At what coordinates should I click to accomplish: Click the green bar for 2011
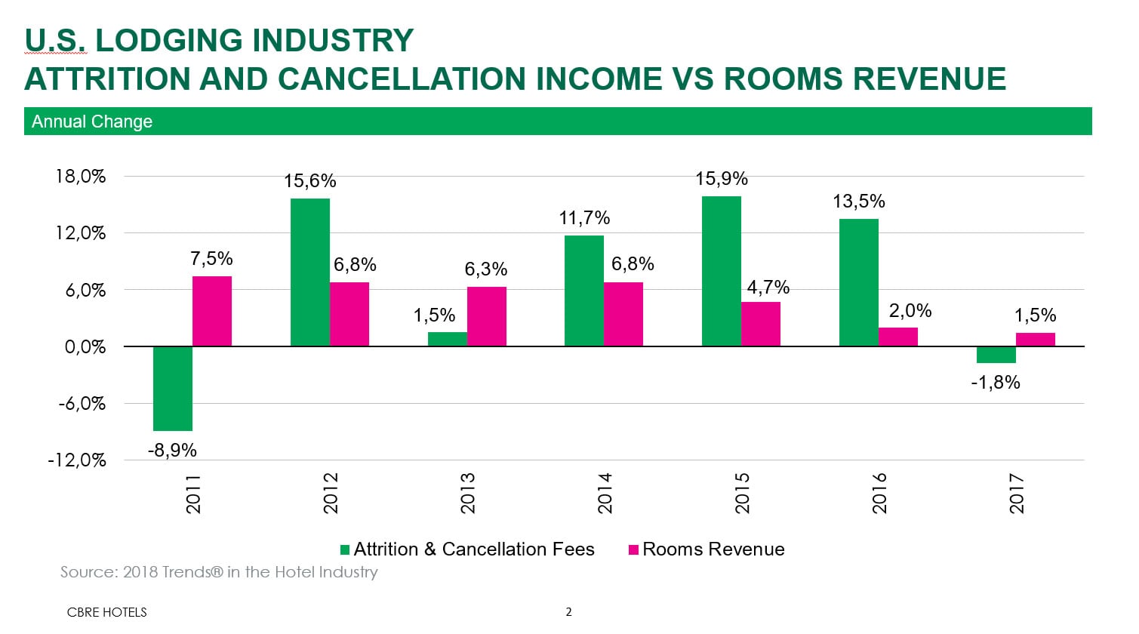click(x=172, y=388)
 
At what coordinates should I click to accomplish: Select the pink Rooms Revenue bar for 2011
click(x=212, y=311)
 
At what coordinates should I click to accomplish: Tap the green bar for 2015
click(x=721, y=271)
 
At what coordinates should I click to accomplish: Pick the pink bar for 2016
click(x=897, y=337)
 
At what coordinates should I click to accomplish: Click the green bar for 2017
click(x=996, y=355)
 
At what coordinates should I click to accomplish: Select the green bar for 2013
click(x=447, y=339)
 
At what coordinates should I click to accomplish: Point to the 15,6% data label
click(x=309, y=181)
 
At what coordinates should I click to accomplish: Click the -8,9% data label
click(x=172, y=451)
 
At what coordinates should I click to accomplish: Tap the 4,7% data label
click(x=768, y=288)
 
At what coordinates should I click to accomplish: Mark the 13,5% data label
click(x=858, y=202)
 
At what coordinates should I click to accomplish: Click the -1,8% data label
click(x=995, y=383)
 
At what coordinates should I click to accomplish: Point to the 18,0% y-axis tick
click(x=81, y=177)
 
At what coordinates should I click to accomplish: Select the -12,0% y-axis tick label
click(x=77, y=460)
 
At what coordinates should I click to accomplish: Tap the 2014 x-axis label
click(x=605, y=493)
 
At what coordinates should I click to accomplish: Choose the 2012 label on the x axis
click(x=331, y=493)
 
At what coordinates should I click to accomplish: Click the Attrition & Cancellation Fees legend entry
click(x=466, y=549)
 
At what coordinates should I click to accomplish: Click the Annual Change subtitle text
click(x=92, y=122)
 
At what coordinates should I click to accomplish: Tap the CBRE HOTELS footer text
click(x=106, y=612)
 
